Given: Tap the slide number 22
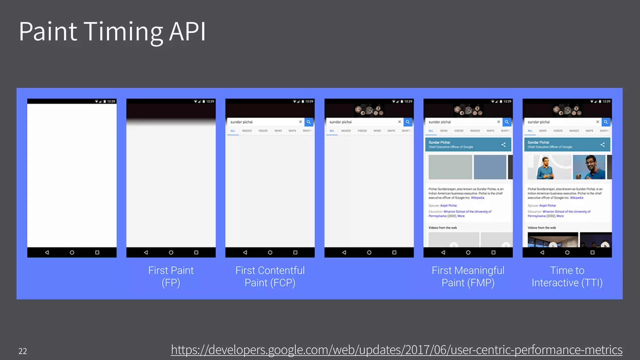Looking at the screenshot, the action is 22,351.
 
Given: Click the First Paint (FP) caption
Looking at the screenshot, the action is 171,277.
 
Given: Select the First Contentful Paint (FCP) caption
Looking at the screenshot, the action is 270,277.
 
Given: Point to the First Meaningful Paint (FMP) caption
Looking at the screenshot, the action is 468,277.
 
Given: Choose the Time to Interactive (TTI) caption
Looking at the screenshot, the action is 567,277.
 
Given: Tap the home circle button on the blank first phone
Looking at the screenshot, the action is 72,252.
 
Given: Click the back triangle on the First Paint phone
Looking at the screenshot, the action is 146,252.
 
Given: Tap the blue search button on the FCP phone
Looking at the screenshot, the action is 309,122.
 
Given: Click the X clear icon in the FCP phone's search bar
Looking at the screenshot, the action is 300,122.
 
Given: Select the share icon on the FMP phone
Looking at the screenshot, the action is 503,145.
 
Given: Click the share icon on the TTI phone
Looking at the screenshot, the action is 602,145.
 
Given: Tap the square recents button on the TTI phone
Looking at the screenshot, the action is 592,252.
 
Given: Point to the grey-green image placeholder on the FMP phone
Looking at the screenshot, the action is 450,167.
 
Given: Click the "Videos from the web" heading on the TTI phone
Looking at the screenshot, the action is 542,228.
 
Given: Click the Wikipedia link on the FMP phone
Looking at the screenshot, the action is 477,198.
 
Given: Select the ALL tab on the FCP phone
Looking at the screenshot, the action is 233,131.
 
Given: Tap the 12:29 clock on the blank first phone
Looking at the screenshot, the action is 111,102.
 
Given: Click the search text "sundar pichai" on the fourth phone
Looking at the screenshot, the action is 341,122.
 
